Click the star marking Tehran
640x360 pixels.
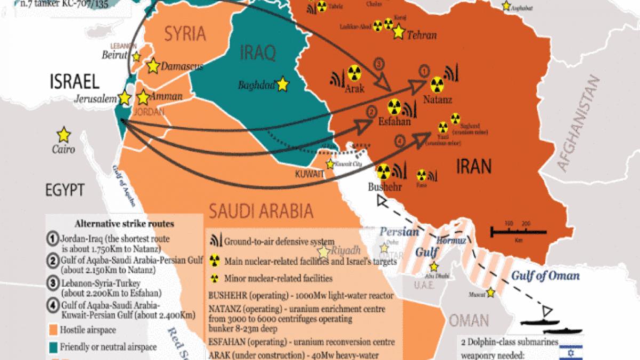coord(398,32)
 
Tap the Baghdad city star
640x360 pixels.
coord(282,84)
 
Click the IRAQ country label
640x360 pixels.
coord(258,53)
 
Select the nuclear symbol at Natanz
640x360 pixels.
coord(437,84)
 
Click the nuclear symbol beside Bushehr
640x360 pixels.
coord(382,171)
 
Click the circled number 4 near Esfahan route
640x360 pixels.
coord(399,141)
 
